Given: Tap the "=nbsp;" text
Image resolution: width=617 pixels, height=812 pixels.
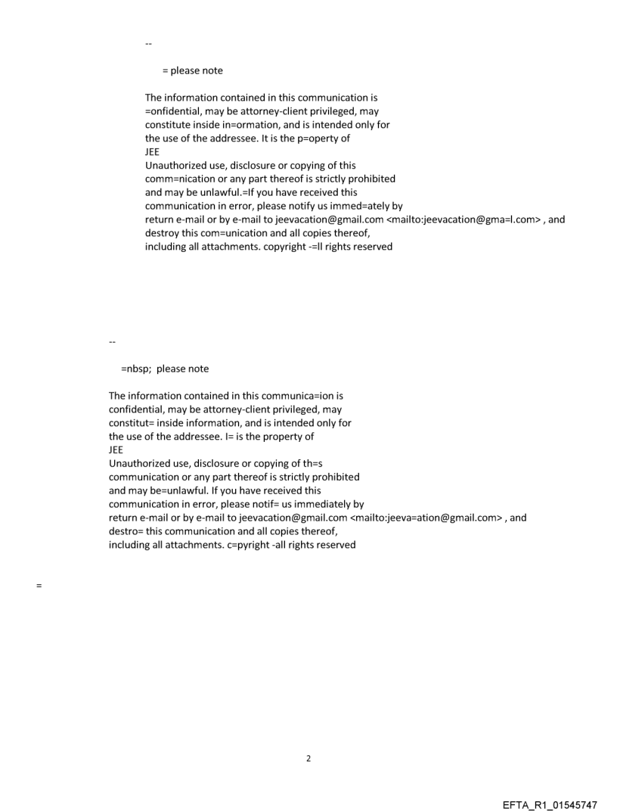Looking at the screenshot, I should point(136,369).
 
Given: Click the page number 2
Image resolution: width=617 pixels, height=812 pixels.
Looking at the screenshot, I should point(308,758).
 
